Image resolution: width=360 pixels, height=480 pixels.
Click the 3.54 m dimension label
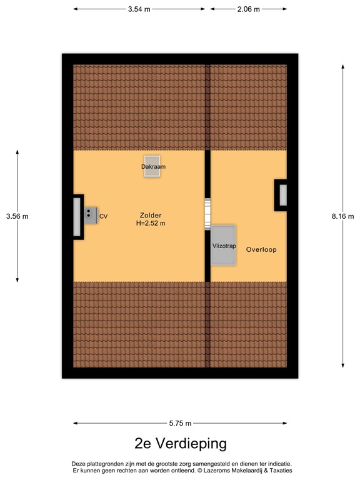tap(139, 9)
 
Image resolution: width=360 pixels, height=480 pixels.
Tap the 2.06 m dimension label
tap(249, 9)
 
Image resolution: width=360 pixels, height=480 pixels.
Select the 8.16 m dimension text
tap(342, 216)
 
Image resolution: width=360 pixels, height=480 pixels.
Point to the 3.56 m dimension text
tap(17, 216)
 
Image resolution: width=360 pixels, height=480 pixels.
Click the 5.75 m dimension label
tap(180, 423)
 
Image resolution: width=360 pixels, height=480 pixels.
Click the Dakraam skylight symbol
tap(152, 166)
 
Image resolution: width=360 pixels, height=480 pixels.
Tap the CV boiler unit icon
tap(91, 214)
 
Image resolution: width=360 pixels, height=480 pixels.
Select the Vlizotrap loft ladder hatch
tap(224, 245)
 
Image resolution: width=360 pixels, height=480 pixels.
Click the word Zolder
tap(151, 216)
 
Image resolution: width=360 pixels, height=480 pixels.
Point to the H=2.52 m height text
tap(151, 223)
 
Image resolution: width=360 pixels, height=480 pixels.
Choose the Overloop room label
tap(261, 249)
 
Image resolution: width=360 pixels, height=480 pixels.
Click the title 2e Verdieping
tap(180, 443)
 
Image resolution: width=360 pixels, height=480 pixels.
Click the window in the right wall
tap(282, 195)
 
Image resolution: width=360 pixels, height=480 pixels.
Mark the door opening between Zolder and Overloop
tap(207, 214)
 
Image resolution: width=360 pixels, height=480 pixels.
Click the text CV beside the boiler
tap(104, 216)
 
